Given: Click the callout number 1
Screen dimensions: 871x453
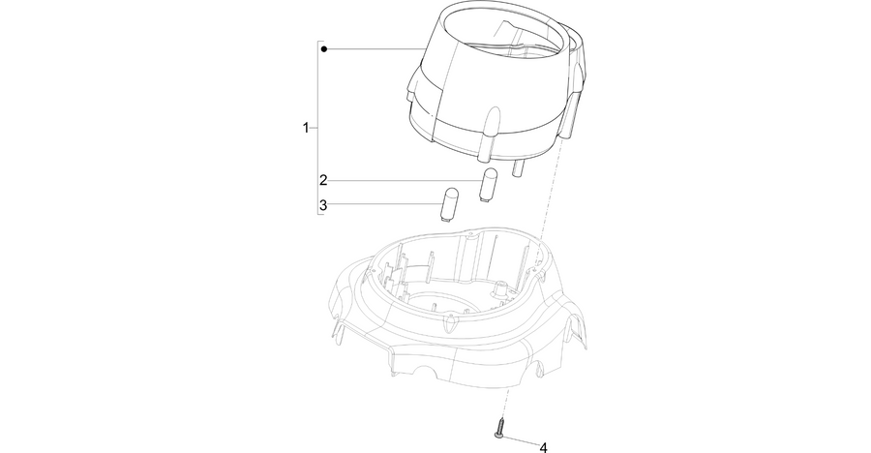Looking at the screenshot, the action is [306, 128].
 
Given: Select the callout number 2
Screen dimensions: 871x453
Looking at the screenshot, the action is [323, 180].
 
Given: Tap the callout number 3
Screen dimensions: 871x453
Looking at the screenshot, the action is [323, 205].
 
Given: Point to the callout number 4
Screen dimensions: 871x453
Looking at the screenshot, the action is [543, 447].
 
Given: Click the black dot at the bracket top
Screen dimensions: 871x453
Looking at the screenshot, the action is [324, 49].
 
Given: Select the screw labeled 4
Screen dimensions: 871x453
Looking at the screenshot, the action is [498, 430].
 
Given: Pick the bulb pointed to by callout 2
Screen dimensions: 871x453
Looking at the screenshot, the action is [488, 185].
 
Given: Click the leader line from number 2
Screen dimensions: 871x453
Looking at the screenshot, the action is [405, 180].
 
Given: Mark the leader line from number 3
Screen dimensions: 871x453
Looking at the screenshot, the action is [385, 203].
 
